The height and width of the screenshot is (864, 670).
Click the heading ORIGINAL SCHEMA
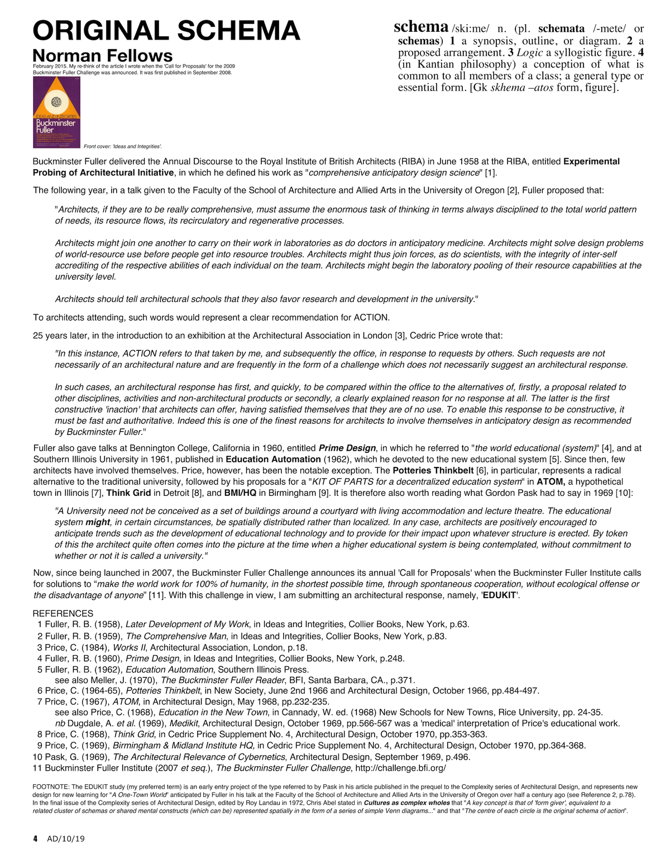(166, 31)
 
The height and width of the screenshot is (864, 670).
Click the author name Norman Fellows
(103, 56)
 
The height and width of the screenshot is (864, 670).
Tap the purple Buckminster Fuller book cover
(56, 112)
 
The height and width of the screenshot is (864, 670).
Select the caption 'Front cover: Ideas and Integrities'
(123, 146)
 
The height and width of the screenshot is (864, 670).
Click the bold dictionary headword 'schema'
(421, 27)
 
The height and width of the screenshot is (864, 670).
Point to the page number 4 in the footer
(35, 838)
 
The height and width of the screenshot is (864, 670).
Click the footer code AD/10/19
(66, 838)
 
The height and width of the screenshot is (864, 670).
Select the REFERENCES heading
(63, 613)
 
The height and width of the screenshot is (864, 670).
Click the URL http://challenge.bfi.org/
(400, 768)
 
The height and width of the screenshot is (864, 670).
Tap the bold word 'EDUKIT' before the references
(500, 595)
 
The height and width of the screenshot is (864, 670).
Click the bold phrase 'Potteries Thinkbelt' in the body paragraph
(433, 470)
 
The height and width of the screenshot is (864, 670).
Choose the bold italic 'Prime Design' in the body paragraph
(347, 448)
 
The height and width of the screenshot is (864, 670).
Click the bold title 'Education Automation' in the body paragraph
(273, 459)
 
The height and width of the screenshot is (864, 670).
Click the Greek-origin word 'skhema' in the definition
(507, 87)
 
